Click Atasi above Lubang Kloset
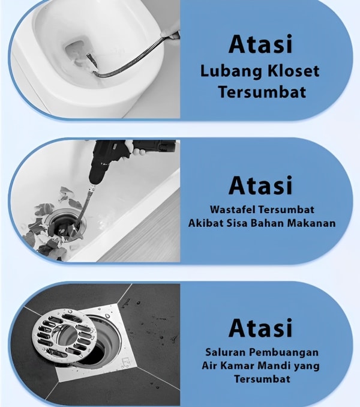260,44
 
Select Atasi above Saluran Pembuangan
260,328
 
